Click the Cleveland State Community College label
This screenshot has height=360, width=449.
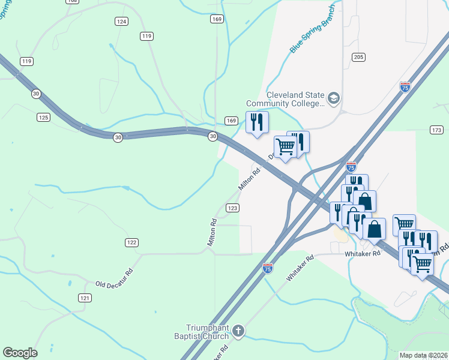click(295, 99)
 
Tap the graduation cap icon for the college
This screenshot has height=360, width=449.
click(334, 98)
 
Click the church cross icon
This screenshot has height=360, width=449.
click(238, 331)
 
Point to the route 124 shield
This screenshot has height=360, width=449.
click(122, 22)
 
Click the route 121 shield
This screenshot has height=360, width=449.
click(85, 298)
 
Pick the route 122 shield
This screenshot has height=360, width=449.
click(132, 242)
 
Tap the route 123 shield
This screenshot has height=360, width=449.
click(233, 208)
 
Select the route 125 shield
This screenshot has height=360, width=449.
click(43, 117)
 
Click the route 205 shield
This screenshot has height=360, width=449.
click(358, 57)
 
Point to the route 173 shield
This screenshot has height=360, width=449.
click(436, 130)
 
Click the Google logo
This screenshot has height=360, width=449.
click(20, 353)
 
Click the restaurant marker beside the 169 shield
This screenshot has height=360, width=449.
click(257, 123)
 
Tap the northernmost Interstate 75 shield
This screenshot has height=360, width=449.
click(405, 87)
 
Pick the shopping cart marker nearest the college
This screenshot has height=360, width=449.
click(285, 146)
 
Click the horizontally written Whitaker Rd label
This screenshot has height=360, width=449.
click(363, 254)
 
